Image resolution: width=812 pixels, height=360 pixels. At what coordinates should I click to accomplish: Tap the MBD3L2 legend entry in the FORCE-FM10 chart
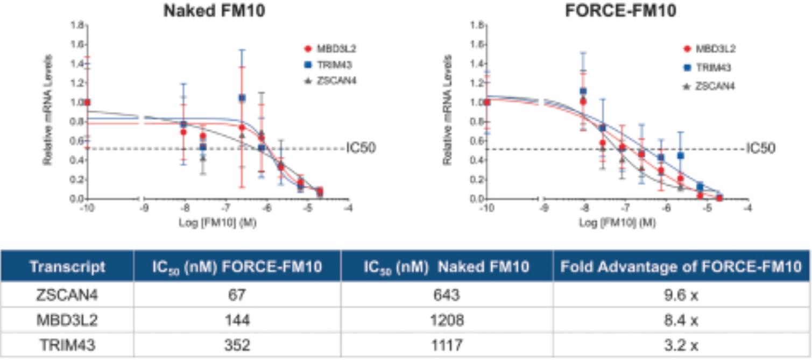point(715,49)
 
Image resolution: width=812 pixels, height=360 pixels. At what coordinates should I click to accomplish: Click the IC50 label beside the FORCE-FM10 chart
point(761,148)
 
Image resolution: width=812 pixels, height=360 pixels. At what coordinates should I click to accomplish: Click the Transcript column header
point(67,266)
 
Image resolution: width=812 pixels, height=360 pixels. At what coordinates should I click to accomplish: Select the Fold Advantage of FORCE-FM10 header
point(680,266)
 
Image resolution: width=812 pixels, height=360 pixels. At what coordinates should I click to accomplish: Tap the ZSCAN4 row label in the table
point(67,297)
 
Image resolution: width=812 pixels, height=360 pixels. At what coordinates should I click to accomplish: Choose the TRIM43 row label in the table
point(67,345)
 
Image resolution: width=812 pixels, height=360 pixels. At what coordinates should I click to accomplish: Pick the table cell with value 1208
point(447,321)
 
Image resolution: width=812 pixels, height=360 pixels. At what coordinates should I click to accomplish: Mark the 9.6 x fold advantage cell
point(680,297)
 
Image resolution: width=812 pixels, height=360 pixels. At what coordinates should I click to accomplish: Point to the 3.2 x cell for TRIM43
point(680,345)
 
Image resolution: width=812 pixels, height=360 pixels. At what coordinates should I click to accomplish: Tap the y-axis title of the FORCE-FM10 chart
point(448,109)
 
